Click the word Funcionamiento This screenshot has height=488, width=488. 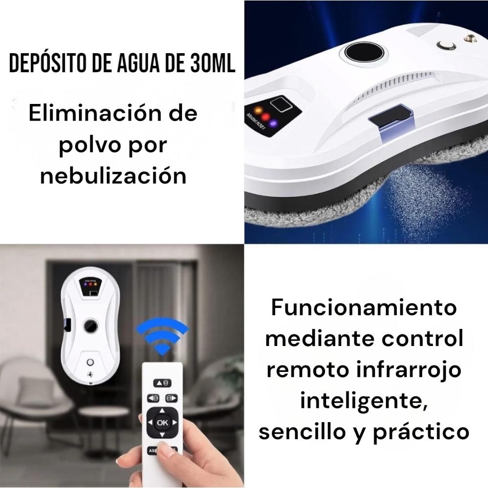tap(364, 308)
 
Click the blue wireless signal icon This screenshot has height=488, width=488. tap(161, 336)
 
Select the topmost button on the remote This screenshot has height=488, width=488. tap(162, 382)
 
